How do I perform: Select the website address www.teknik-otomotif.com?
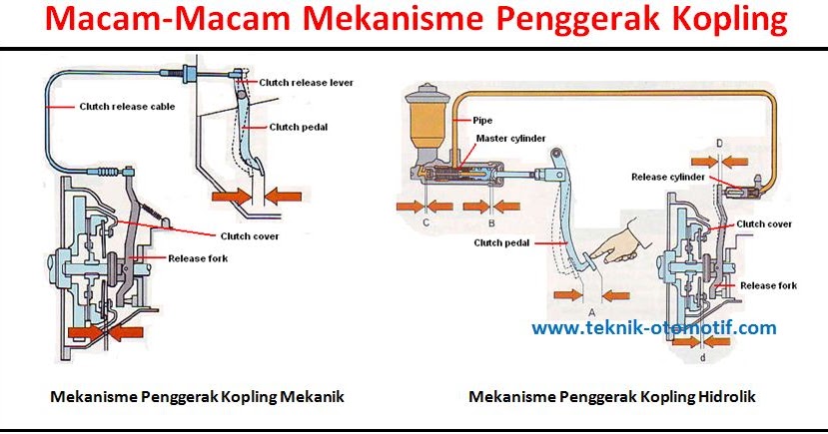click(653, 327)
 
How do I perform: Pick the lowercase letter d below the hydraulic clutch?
click(704, 356)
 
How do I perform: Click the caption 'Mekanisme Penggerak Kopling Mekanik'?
click(197, 397)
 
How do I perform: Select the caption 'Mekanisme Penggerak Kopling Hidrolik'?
click(612, 397)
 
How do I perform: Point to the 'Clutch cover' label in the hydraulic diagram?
click(765, 223)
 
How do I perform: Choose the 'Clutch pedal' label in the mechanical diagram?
click(299, 127)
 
